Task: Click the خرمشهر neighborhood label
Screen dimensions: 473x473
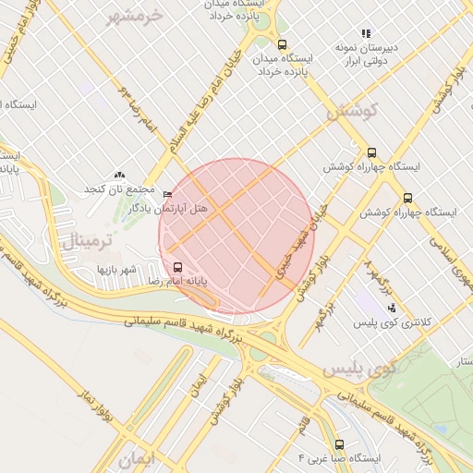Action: pos(135,16)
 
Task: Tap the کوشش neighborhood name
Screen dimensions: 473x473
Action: pos(353,111)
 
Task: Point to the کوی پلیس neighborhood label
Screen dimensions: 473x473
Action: pos(359,369)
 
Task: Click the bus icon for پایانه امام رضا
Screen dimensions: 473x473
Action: pos(178,266)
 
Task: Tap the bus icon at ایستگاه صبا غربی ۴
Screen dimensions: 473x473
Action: pos(339,444)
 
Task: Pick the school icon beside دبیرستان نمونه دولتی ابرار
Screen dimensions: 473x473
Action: pos(366,33)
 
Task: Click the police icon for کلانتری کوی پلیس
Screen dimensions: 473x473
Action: pos(392,308)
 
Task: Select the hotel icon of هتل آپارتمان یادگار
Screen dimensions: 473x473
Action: pos(167,194)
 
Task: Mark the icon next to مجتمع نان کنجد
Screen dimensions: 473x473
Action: pos(118,175)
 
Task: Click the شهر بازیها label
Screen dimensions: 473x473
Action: pos(117,269)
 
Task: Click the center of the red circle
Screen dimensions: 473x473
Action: pos(236,236)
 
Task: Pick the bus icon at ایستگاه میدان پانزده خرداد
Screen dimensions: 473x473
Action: pos(282,43)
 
